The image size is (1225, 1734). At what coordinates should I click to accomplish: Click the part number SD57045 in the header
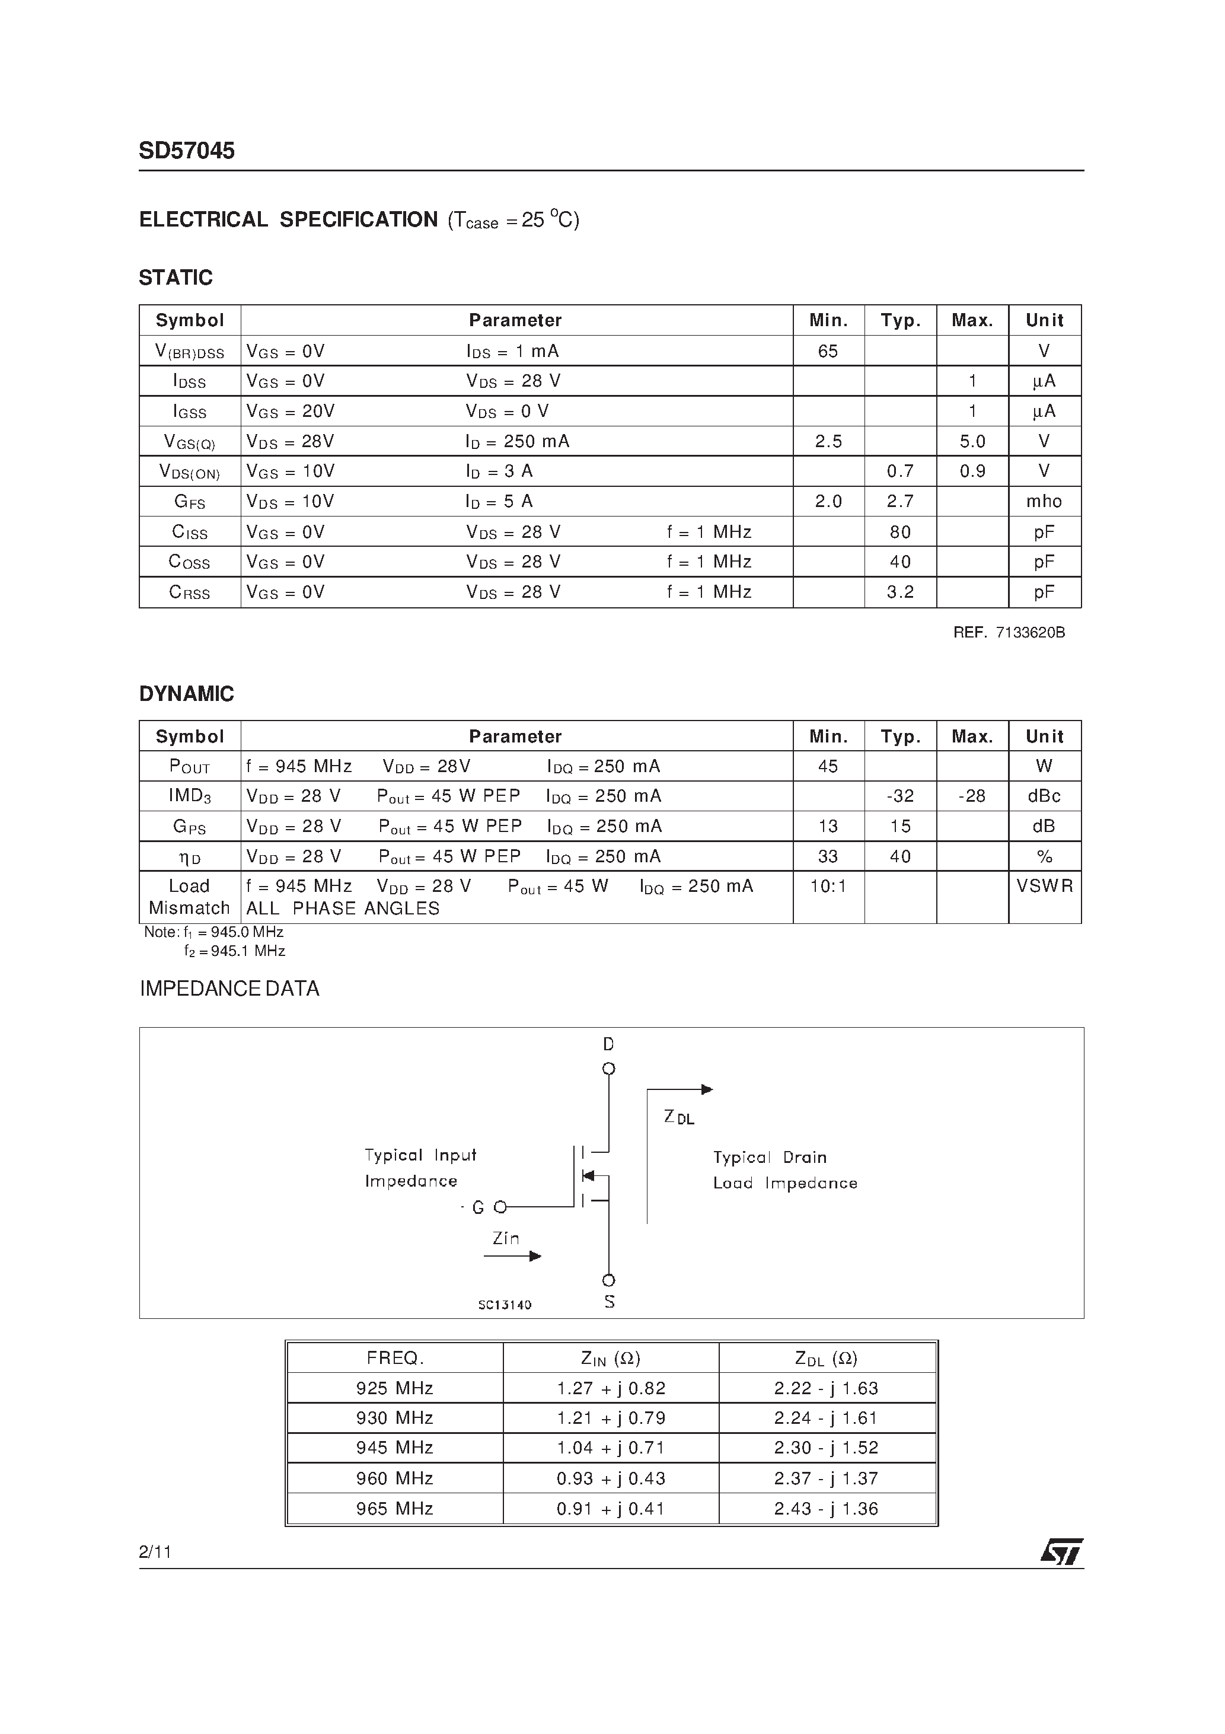pos(187,151)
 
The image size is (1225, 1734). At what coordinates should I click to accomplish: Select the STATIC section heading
pos(176,278)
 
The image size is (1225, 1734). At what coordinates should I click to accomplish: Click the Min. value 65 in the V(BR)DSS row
pos(828,351)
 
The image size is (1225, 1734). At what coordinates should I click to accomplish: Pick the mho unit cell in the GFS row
pos(1044,502)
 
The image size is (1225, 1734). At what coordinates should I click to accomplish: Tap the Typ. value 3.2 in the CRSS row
pos(900,592)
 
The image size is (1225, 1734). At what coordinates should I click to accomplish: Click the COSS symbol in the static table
pos(189,562)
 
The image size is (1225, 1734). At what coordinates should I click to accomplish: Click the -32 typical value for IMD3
pos(900,796)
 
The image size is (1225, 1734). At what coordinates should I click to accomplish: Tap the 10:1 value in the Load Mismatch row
pos(828,886)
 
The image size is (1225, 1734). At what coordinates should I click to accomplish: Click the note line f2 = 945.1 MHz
pos(234,951)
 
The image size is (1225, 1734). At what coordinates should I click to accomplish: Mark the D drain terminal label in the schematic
pos(609,1044)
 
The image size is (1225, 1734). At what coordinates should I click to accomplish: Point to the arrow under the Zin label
pos(513,1256)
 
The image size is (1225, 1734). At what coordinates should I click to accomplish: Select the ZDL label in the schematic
pos(678,1118)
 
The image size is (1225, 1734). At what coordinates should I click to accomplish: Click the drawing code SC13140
pos(505,1305)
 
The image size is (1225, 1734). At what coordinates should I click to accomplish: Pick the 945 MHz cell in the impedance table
pos(394,1448)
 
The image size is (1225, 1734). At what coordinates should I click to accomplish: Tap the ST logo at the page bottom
pos(1061,1552)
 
